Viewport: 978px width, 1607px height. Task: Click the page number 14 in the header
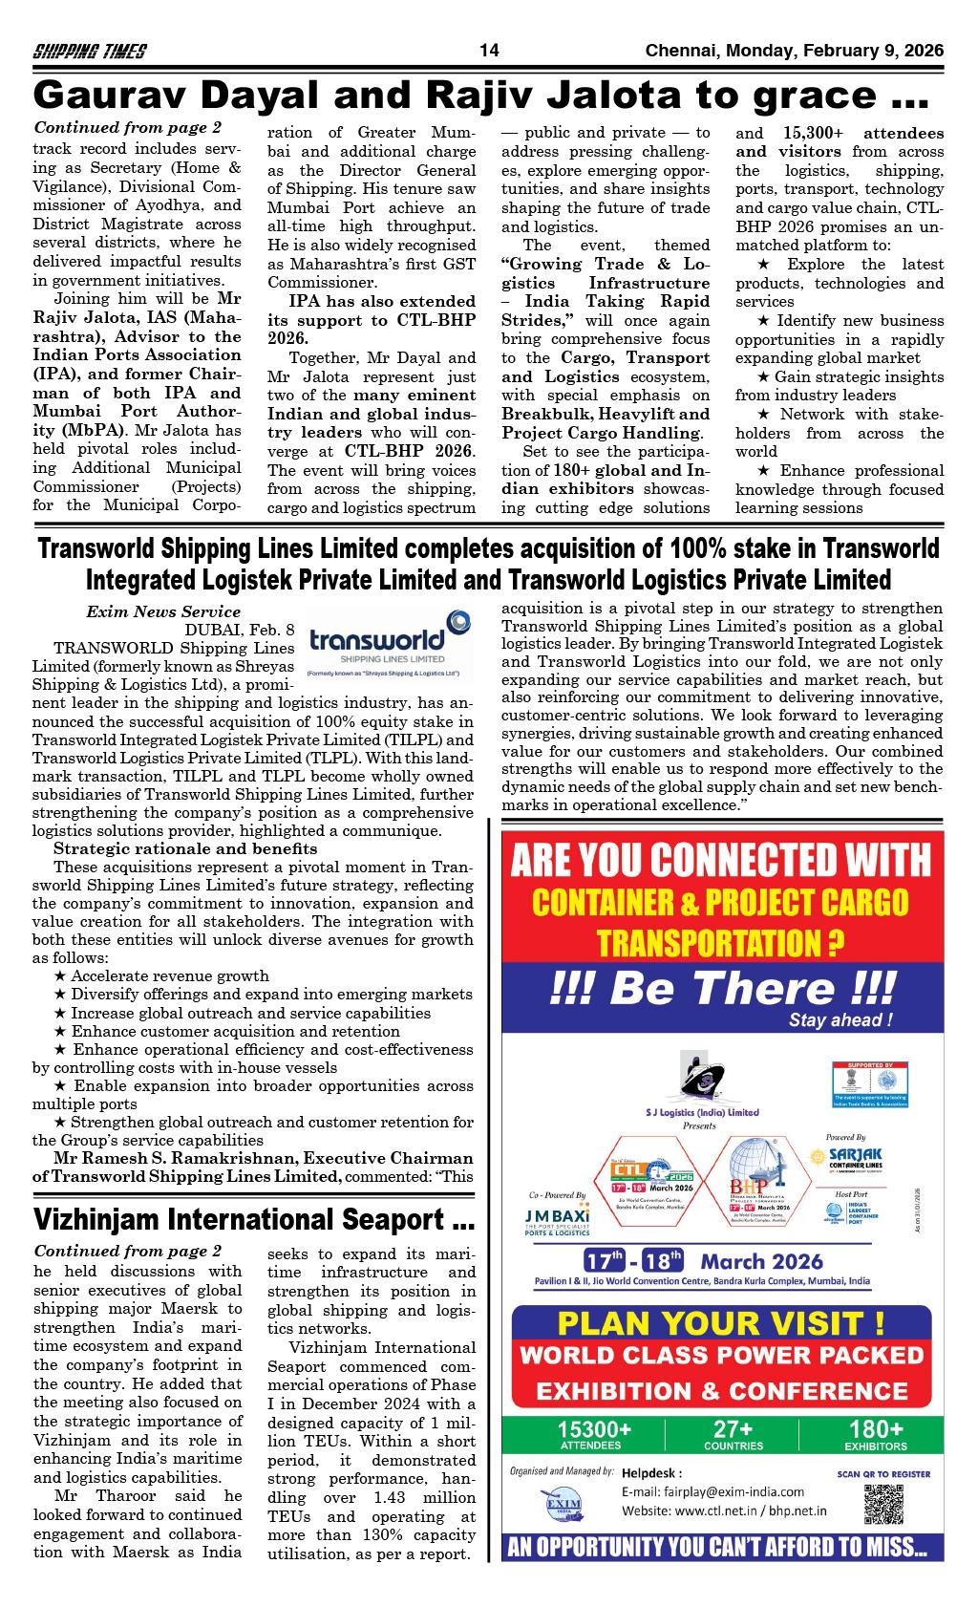pyautogui.click(x=489, y=51)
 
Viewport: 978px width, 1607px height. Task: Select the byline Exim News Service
pyautogui.click(x=163, y=611)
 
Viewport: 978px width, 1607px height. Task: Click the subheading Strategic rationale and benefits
pyautogui.click(x=185, y=848)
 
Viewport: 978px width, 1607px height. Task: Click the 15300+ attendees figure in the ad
pyautogui.click(x=596, y=1435)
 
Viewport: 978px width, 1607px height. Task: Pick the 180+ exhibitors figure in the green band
pyautogui.click(x=875, y=1435)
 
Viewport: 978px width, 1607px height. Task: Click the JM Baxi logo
pyautogui.click(x=558, y=1223)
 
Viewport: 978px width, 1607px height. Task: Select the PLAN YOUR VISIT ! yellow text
pyautogui.click(x=720, y=1324)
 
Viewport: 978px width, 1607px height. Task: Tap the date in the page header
pyautogui.click(x=794, y=51)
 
